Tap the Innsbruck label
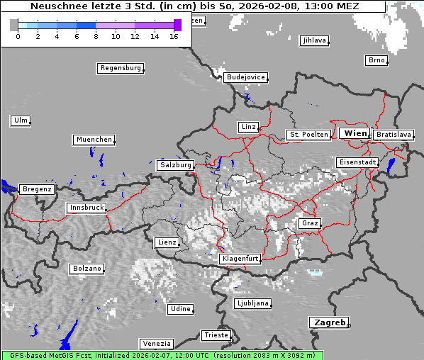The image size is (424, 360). click(87, 208)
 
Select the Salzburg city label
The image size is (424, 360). click(176, 164)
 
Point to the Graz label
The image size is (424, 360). click(309, 223)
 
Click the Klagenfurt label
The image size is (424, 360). click(240, 259)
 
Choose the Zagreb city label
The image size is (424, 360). click(328, 322)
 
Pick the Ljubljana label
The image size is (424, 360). click(252, 303)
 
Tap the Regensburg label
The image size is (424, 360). click(121, 68)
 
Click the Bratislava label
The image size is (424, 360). click(394, 134)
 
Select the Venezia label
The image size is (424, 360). click(156, 343)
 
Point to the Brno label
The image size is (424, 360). click(376, 60)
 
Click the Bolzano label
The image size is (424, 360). click(87, 269)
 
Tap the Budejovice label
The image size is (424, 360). click(245, 77)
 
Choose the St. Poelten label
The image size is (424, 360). click(308, 134)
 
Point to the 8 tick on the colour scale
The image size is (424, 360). click(96, 35)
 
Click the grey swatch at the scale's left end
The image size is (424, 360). click(13, 25)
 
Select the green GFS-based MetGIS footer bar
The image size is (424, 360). click(162, 355)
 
